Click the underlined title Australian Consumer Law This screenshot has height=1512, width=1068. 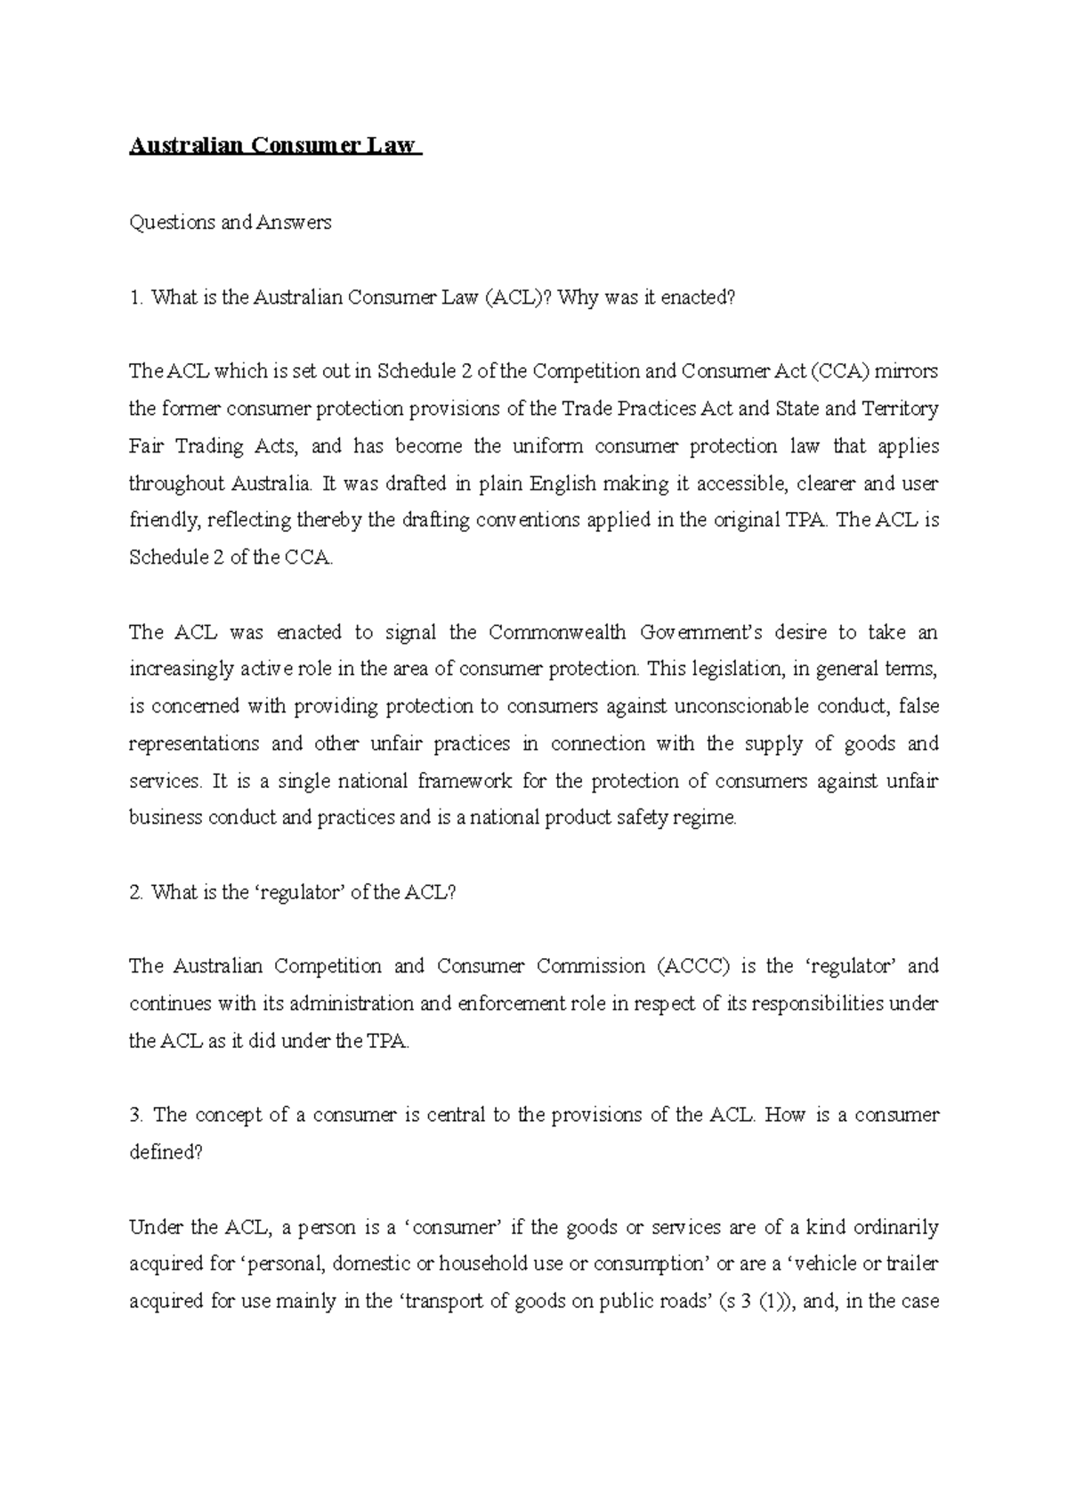273,146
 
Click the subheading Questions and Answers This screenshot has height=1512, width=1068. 231,223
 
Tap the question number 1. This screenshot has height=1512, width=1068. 134,297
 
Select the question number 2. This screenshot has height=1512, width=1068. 135,892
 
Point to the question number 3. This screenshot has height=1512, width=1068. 135,1115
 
